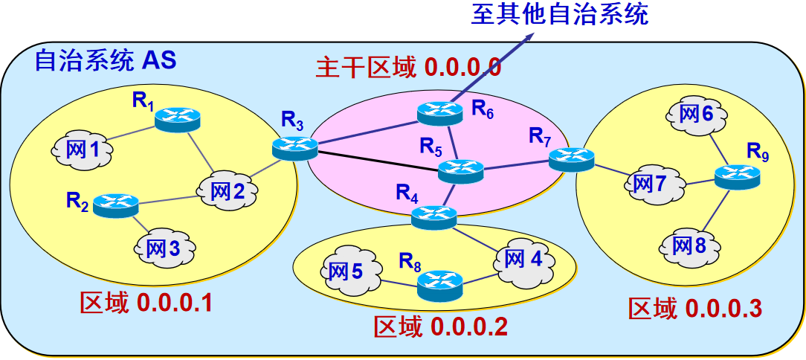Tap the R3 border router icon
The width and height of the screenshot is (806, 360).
294,148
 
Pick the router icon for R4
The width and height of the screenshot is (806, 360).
434,216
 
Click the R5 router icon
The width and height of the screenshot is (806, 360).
461,171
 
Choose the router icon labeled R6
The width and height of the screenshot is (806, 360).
439,112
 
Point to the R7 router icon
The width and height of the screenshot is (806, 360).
572,158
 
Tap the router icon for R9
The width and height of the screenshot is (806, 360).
738,176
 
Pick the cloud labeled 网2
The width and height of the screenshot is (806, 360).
228,190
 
